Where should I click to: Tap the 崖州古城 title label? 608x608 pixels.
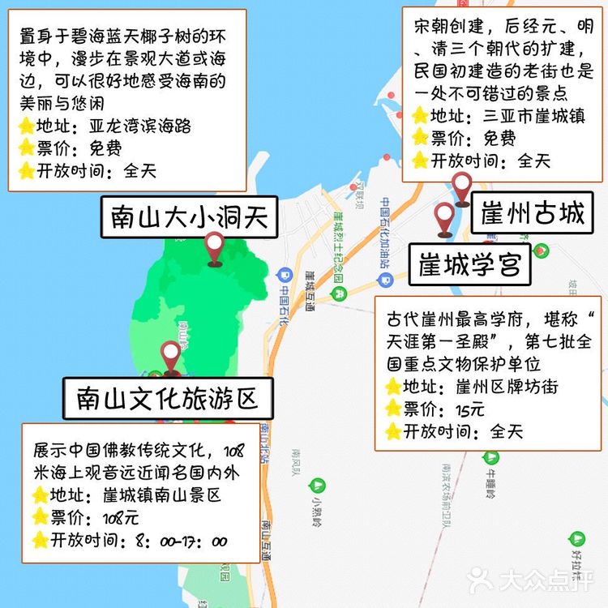coord(532,214)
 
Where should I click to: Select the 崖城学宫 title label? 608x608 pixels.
coord(469,264)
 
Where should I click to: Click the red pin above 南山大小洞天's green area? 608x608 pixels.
coord(215,247)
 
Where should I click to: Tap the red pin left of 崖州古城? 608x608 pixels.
coord(462,188)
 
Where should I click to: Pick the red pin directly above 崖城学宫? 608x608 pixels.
coord(443,217)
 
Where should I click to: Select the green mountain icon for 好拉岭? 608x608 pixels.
coord(576,537)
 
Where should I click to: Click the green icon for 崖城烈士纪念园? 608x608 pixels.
coord(340,290)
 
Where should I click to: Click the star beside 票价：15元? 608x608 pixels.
coord(393,409)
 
